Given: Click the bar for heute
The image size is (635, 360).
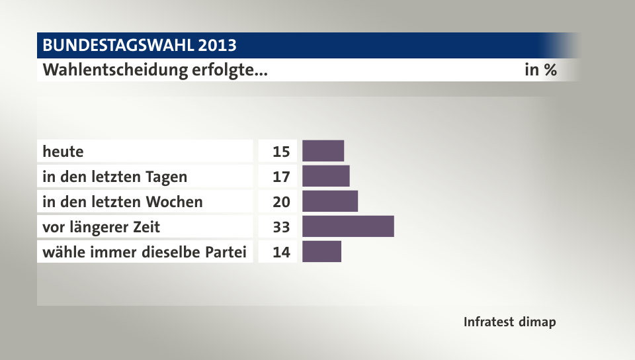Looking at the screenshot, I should pos(323,151).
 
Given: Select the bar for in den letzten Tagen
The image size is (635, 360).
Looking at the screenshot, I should pos(325,176).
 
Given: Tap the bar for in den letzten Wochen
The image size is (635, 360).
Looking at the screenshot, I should pos(330,201).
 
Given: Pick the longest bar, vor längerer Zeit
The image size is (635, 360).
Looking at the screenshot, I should pos(348,226).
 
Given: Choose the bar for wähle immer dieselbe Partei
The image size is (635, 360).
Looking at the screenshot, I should pos(321,251).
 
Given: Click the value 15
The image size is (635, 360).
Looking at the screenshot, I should pos(280,152).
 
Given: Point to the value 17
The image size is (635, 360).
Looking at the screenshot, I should pos(280,177).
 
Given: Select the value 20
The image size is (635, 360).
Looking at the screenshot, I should pos(280,202).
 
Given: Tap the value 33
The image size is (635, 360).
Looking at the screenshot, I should pos(280,227).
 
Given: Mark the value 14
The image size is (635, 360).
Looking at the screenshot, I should pos(280,252).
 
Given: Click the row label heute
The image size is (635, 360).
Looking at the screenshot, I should pos(63,152).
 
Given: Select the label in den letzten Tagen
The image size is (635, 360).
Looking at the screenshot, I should pos(114,177).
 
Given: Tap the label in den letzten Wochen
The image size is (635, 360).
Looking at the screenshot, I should pos(122,202).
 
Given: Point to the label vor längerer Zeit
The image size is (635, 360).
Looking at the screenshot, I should pos(101,227).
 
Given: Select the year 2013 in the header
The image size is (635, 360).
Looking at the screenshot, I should pos(216,46).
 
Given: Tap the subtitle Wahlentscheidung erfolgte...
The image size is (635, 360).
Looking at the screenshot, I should pos(155,69).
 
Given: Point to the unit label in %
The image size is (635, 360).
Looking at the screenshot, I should pos(540,69).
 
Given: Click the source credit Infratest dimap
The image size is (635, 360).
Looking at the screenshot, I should pos(509,322).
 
